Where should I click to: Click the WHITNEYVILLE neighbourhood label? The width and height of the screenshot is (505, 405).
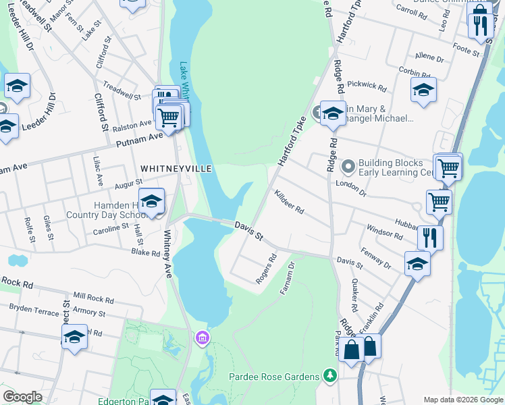[176, 168]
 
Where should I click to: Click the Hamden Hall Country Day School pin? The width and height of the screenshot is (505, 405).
[152, 200]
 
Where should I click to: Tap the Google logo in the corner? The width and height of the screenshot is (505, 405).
[22, 397]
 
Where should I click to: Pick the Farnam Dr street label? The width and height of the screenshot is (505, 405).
[288, 277]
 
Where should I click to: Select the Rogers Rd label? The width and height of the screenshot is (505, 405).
[267, 268]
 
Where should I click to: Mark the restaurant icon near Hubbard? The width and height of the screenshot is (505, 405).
[429, 238]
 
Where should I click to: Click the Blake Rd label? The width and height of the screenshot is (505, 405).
[145, 253]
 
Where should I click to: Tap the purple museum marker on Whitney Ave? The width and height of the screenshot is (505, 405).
[201, 337]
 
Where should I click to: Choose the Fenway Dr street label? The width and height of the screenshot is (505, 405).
[376, 256]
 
